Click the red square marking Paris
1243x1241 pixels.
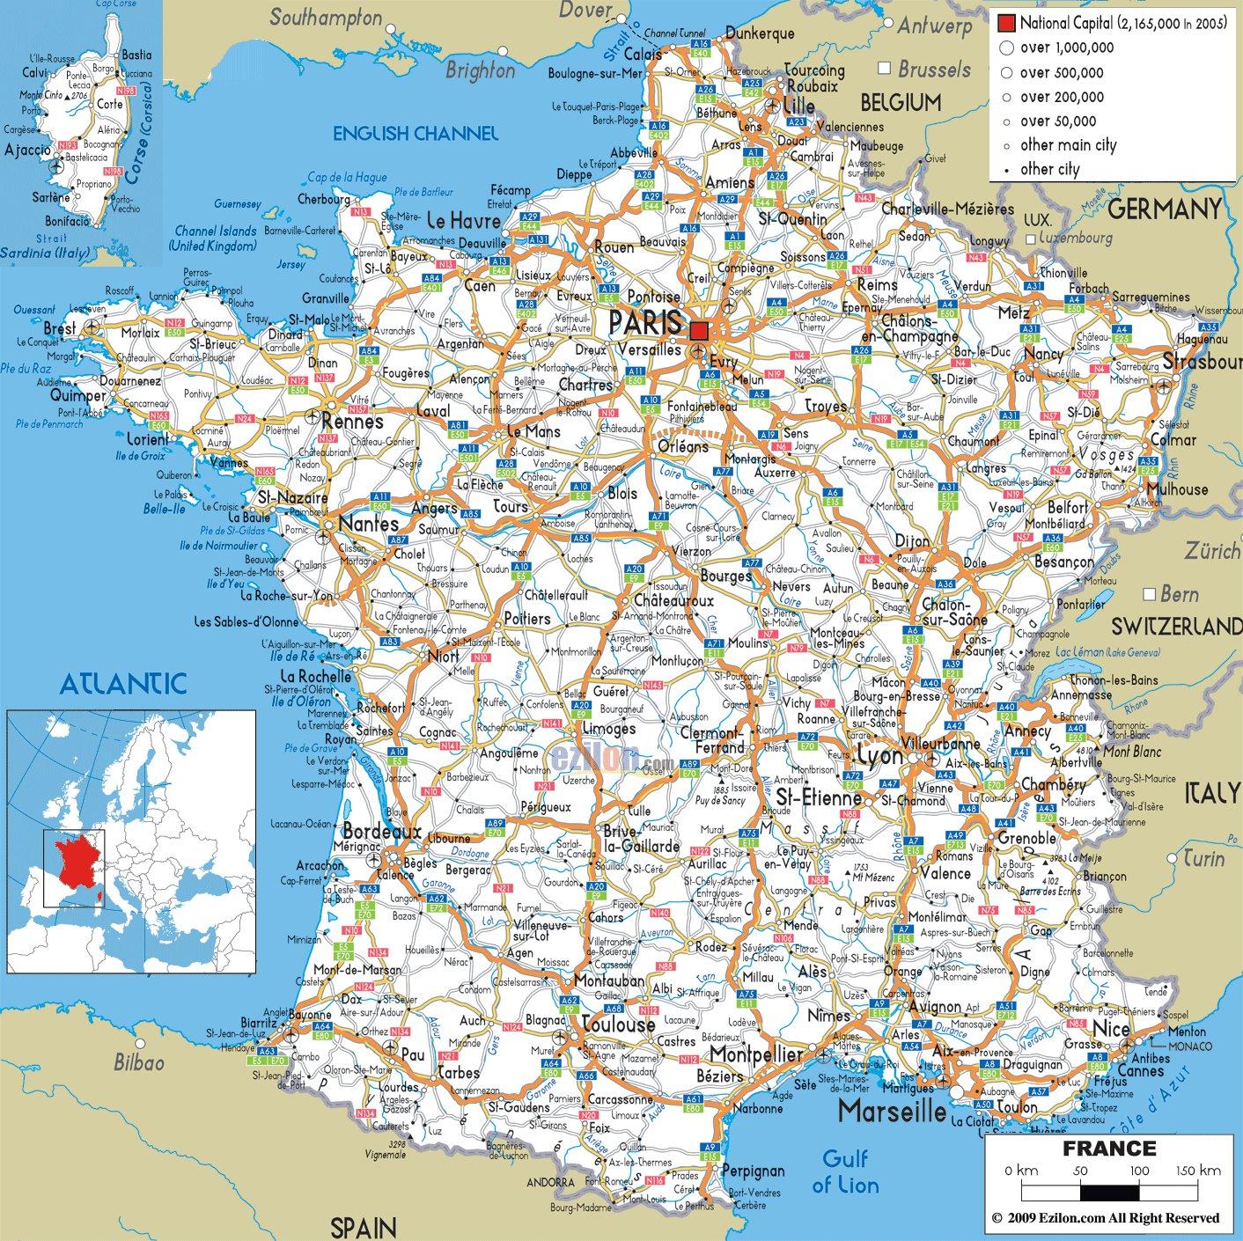[699, 331]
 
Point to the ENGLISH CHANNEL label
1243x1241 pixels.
[415, 134]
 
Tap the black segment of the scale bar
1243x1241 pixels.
[1110, 1193]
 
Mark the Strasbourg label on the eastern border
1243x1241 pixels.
[1201, 362]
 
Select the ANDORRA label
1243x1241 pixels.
[550, 1182]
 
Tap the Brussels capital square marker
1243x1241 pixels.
[885, 69]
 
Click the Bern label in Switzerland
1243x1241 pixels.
[1180, 594]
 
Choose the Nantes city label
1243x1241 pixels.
[357, 522]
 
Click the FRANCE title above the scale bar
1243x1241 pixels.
[1109, 1148]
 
